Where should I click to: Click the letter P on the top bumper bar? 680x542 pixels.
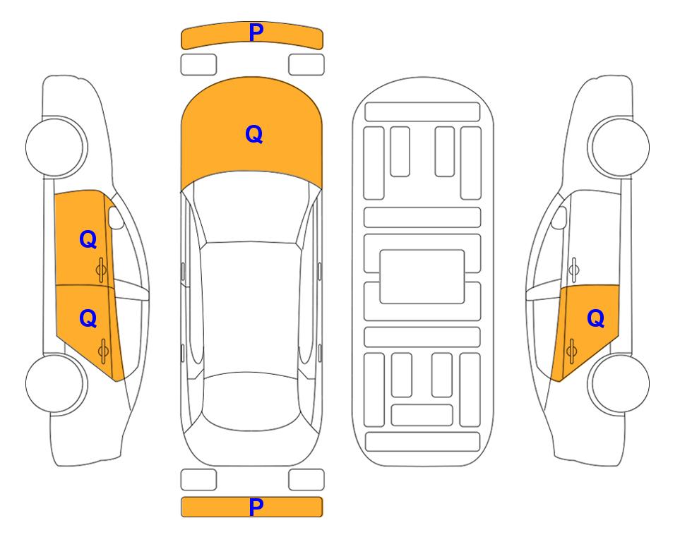pyautogui.click(x=256, y=32)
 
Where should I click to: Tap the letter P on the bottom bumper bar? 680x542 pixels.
pyautogui.click(x=256, y=507)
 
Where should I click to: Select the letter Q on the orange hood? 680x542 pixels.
pyautogui.click(x=254, y=134)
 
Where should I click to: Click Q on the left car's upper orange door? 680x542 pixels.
pyautogui.click(x=88, y=239)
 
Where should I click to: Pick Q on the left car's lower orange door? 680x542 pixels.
pyautogui.click(x=88, y=319)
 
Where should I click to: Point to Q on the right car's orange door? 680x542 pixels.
pyautogui.click(x=595, y=319)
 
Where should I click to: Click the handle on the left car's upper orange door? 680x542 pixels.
pyautogui.click(x=102, y=270)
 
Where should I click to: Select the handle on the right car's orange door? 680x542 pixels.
pyautogui.click(x=571, y=351)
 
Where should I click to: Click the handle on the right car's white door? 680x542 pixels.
pyautogui.click(x=574, y=270)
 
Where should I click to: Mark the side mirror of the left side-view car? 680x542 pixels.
pyautogui.click(x=115, y=217)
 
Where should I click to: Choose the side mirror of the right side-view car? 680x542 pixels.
pyautogui.click(x=559, y=217)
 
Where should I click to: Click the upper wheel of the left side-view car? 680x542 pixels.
pyautogui.click(x=56, y=147)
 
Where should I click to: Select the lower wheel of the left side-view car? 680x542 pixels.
pyautogui.click(x=56, y=383)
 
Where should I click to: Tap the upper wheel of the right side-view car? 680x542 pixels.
pyautogui.click(x=619, y=147)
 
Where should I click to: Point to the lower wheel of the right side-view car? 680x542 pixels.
pyautogui.click(x=619, y=383)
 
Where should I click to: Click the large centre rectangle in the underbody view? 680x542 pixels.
pyautogui.click(x=422, y=277)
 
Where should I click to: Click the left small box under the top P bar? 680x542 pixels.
pyautogui.click(x=198, y=65)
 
